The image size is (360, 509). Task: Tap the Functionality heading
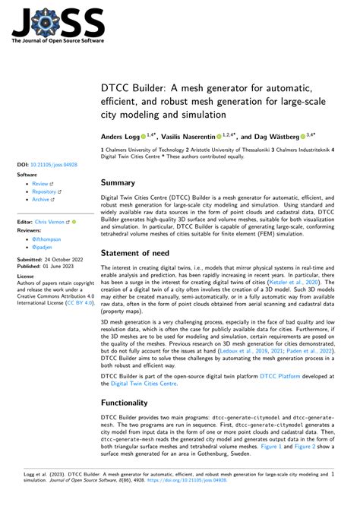(x=135, y=402)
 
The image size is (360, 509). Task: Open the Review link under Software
(x=40, y=183)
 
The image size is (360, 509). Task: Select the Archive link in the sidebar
(x=42, y=200)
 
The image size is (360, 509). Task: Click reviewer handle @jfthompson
(x=47, y=239)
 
